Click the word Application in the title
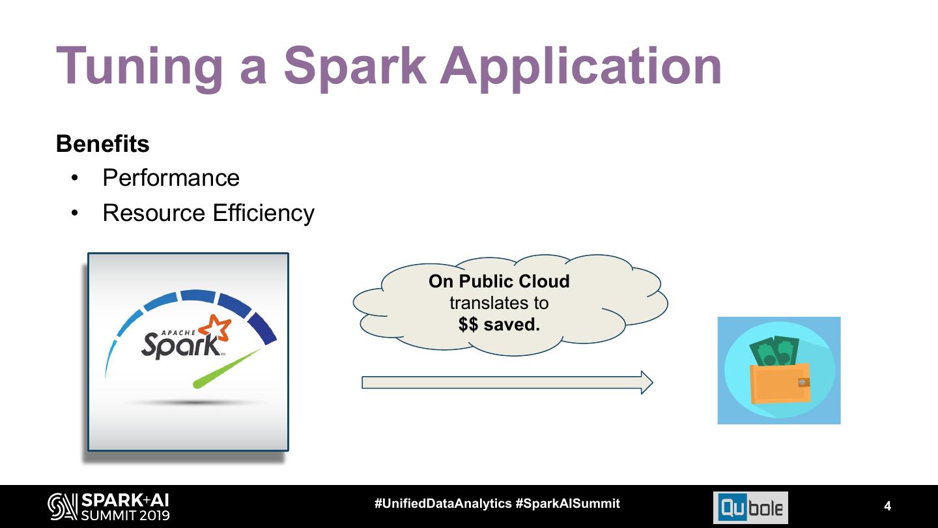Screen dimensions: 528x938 (x=581, y=66)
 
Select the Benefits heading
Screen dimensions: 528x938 (x=103, y=143)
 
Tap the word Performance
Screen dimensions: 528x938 (x=171, y=178)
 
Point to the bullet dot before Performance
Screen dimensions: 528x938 (x=76, y=179)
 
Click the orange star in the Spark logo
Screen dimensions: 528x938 (x=216, y=327)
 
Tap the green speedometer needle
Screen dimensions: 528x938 (x=228, y=368)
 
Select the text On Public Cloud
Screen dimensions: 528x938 (x=499, y=282)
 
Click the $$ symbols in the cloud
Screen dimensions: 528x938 (x=468, y=324)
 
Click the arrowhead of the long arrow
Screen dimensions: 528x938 (x=646, y=383)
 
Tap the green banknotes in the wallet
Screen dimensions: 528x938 (x=775, y=353)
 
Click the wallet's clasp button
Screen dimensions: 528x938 (x=804, y=383)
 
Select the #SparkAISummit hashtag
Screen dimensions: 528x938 (x=567, y=503)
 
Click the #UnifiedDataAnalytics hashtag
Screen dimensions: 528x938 (x=443, y=503)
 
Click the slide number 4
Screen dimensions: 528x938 (x=887, y=506)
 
